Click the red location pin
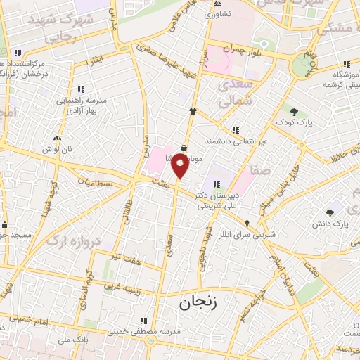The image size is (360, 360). [181, 167]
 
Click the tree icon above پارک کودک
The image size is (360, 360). [294, 112]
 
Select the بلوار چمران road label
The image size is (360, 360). [241, 49]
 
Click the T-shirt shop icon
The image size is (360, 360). [191, 111]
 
